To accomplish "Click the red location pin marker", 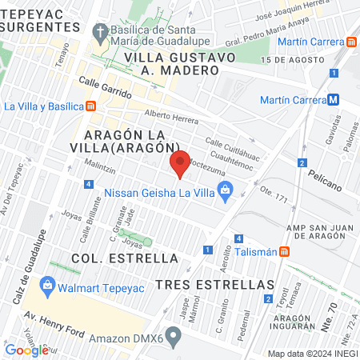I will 180,164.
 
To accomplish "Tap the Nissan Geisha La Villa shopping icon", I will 225,190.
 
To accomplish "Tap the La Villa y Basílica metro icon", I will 92,106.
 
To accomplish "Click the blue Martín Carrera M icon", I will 333,100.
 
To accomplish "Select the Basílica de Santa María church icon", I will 99,33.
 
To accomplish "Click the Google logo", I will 26,350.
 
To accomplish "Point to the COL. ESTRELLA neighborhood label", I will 112,258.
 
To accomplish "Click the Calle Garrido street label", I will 105,87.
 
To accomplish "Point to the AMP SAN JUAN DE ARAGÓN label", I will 314,227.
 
